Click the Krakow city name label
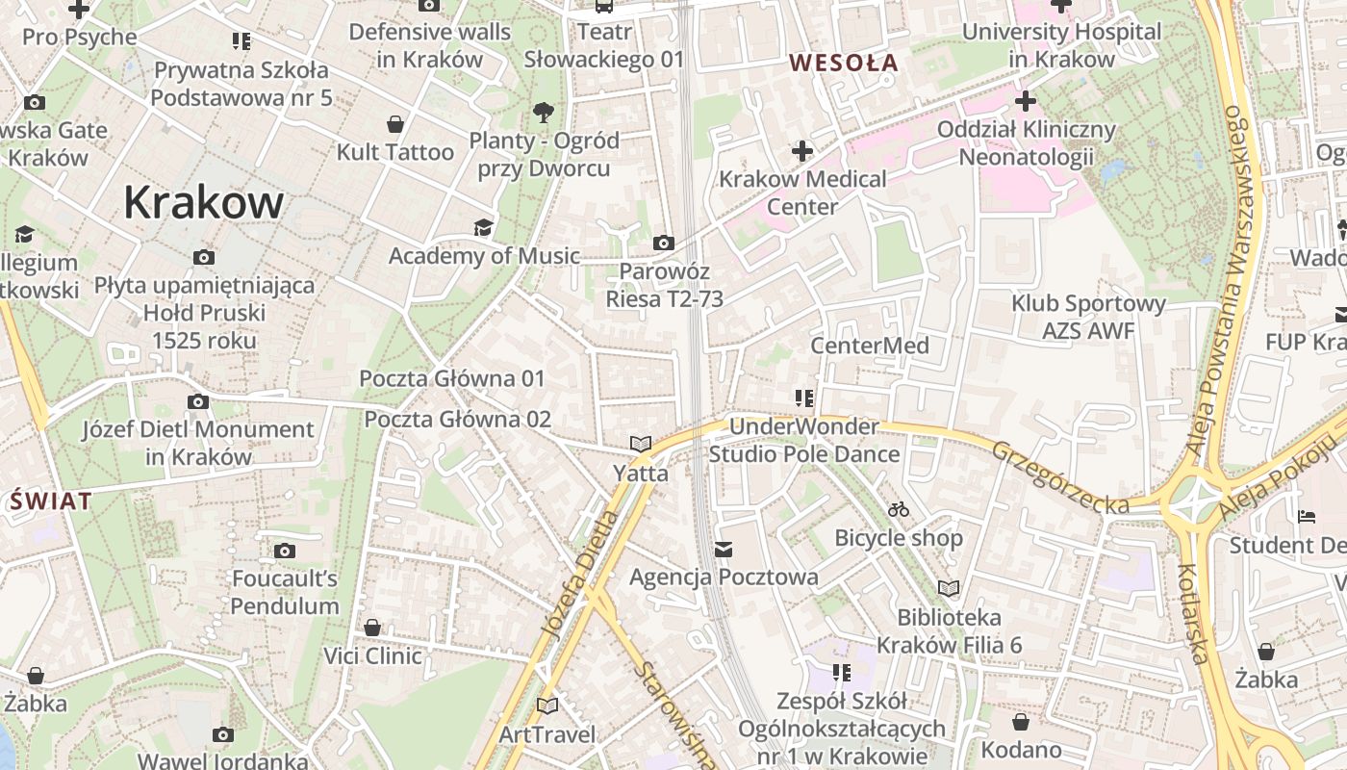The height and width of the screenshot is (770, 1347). click(203, 203)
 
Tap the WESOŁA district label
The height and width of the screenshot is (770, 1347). click(843, 64)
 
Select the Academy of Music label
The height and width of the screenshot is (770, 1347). click(484, 256)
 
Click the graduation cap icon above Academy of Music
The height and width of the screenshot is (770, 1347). click(483, 227)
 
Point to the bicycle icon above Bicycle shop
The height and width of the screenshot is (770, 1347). click(899, 508)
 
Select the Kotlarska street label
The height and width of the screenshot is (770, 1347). click(1192, 614)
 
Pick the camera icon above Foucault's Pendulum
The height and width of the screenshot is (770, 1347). click(284, 551)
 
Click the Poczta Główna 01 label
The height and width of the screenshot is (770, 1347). click(452, 378)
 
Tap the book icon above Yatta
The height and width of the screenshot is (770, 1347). click(640, 444)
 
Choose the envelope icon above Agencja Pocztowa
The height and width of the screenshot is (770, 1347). click(724, 549)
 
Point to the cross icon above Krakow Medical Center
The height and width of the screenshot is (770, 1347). click(802, 151)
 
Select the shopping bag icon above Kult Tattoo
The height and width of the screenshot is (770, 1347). click(394, 124)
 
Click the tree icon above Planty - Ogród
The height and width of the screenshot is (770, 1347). click(544, 112)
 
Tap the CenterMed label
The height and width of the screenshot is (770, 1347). click(870, 346)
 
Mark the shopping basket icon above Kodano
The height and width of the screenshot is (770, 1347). click(1021, 721)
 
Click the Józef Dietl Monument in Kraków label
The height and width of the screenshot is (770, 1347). click(197, 443)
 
